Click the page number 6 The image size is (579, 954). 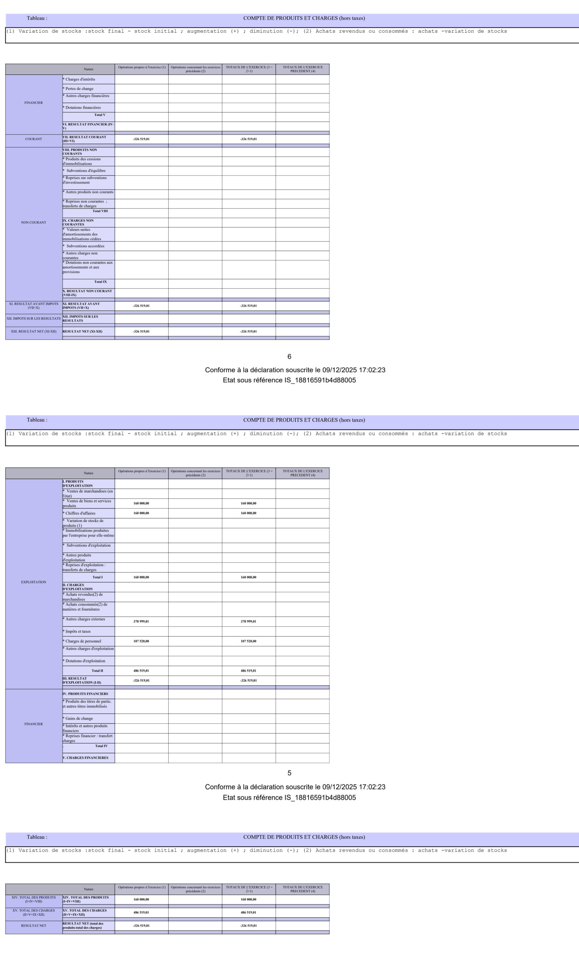(289, 357)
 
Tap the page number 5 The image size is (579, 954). (289, 773)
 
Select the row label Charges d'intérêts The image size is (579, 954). (80, 79)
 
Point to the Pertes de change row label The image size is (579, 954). (79, 89)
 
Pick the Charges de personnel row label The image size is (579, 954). (83, 641)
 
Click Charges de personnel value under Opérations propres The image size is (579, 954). (141, 641)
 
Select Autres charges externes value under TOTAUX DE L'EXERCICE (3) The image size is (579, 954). (249, 622)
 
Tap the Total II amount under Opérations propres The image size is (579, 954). (141, 670)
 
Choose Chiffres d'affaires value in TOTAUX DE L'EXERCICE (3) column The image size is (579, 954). (249, 513)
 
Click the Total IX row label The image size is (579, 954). (101, 282)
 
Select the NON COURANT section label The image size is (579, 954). (34, 222)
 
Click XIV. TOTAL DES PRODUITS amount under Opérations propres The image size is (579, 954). (141, 900)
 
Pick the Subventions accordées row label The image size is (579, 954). (85, 246)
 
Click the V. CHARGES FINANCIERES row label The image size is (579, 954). (86, 758)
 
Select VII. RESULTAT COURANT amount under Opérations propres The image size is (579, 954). (141, 139)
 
